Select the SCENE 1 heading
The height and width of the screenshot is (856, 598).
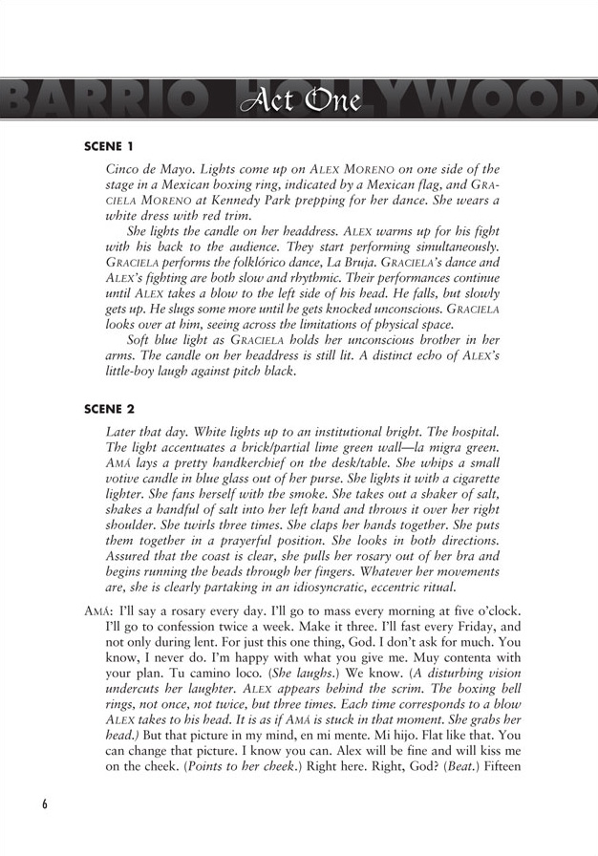110,147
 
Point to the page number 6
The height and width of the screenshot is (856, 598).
45,802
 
